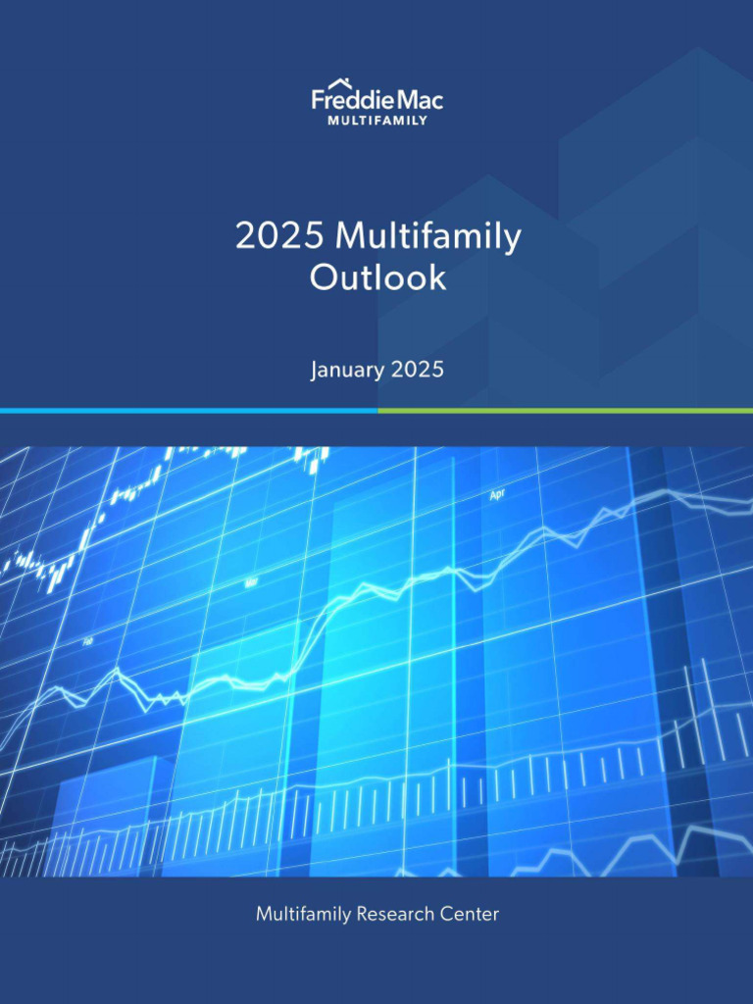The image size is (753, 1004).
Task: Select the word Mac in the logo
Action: [420, 100]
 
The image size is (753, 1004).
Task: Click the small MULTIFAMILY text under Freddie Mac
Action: [376, 121]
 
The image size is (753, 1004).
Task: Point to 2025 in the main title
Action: [280, 237]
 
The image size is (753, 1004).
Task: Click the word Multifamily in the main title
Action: [427, 237]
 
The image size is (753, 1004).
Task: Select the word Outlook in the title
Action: [377, 277]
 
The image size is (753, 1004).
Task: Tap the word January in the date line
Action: [347, 371]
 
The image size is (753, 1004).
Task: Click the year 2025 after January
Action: [417, 371]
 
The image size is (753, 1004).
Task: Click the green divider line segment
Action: [565, 410]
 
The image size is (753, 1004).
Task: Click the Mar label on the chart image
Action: [251, 582]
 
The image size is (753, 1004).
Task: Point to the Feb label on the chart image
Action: [88, 641]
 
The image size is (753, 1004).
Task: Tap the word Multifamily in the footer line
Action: [303, 915]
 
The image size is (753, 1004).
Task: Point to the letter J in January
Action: [315, 372]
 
